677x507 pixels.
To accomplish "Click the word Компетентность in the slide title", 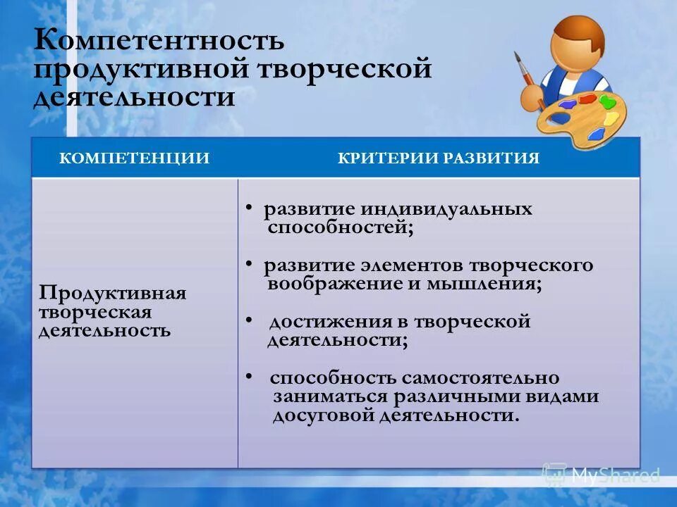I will point(159,41).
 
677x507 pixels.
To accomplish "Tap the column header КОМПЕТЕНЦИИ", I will point(134,158).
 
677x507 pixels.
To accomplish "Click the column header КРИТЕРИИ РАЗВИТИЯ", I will point(439,158).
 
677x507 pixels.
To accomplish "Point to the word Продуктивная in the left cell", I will point(113,293).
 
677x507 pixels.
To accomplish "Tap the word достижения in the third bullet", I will point(338,322).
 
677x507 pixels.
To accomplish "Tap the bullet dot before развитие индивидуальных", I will point(250,208).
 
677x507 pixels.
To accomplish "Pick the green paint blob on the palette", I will point(606,101).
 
